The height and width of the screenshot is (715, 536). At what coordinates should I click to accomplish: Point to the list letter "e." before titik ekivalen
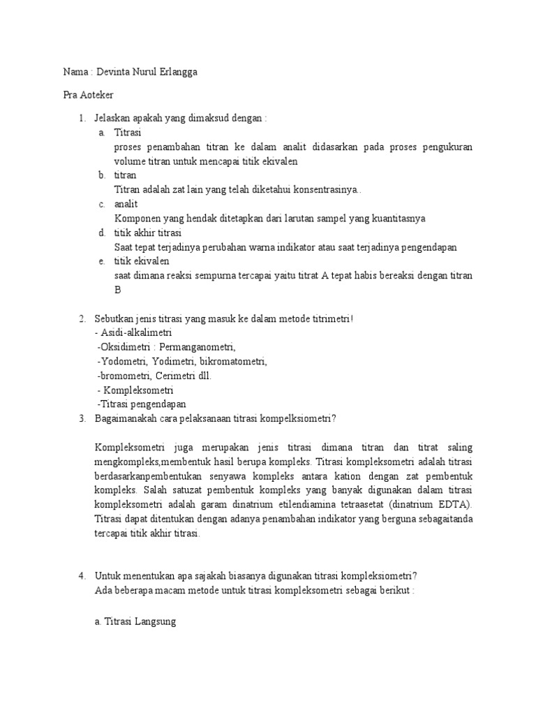(x=102, y=261)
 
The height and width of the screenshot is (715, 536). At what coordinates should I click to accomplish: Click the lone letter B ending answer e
(x=117, y=290)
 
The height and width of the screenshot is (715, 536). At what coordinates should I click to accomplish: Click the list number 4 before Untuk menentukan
(x=82, y=576)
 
